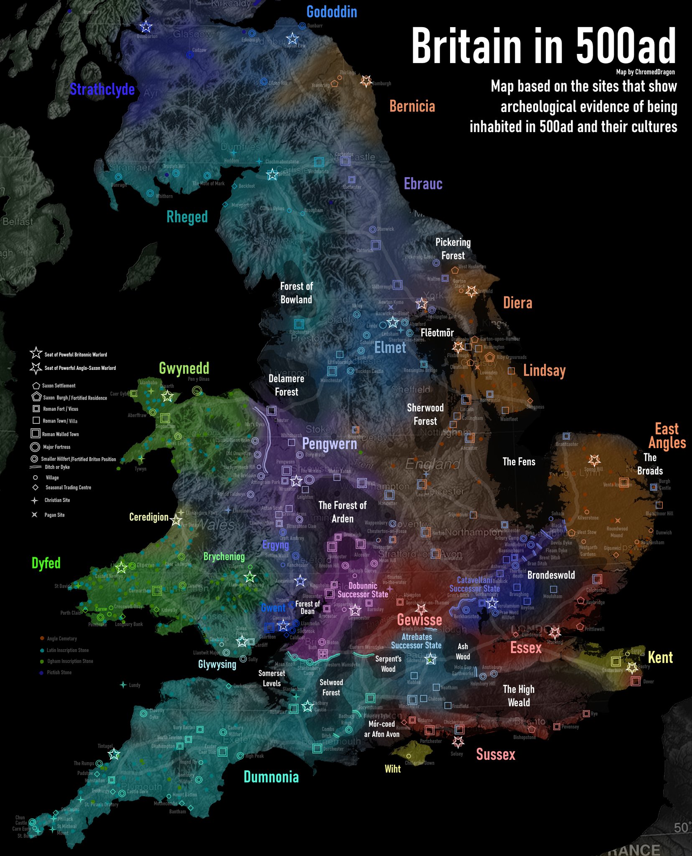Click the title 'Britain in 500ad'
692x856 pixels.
click(543, 46)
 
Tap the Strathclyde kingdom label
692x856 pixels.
click(102, 89)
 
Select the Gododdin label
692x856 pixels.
click(331, 12)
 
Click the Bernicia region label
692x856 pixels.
click(412, 106)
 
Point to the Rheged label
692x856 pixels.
click(187, 217)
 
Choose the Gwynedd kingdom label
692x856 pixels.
click(184, 368)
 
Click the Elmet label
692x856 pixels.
click(390, 347)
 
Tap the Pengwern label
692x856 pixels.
click(329, 443)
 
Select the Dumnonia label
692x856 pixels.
click(271, 777)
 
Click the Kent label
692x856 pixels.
click(660, 657)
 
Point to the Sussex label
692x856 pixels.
click(496, 754)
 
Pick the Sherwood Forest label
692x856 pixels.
click(425, 414)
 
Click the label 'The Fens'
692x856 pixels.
click(519, 462)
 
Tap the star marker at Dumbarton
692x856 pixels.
click(146, 27)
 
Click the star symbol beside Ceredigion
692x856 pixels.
click(176, 520)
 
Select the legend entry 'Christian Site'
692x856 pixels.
click(57, 500)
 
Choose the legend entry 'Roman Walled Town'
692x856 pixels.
click(60, 434)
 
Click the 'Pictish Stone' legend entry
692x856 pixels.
click(59, 673)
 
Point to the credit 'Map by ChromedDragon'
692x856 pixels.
click(645, 72)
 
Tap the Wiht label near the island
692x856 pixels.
click(392, 769)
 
